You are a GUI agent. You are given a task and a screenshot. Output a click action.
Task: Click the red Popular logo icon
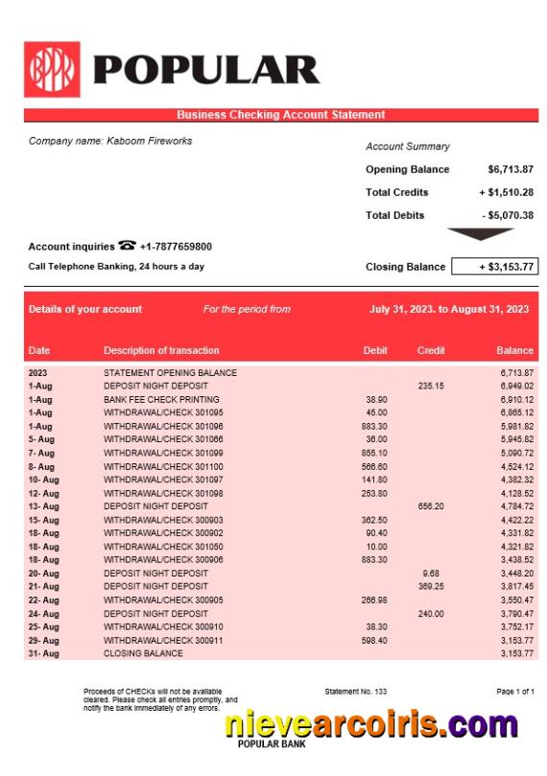52,69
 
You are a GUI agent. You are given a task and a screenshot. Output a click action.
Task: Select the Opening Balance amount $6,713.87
510,170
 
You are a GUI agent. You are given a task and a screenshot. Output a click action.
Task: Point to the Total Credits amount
506,193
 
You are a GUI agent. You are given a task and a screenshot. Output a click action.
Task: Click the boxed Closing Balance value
494,267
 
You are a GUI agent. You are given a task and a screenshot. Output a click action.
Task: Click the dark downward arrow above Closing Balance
482,233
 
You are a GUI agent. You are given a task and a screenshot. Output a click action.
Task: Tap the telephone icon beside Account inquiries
127,246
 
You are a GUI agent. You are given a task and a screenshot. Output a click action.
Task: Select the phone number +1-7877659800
176,247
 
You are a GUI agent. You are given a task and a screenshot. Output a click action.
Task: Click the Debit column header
375,350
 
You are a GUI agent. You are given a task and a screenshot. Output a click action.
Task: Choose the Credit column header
431,350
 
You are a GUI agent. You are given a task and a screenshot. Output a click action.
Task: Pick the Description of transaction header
161,350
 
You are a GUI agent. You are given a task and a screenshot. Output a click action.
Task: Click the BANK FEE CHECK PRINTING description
161,399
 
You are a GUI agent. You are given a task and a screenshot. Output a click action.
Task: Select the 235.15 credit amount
431,386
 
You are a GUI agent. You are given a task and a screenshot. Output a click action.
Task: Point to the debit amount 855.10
375,453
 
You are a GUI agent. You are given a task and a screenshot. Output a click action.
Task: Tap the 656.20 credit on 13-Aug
431,506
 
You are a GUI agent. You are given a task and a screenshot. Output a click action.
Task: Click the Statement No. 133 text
356,692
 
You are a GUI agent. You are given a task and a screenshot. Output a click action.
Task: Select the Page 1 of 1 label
514,692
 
